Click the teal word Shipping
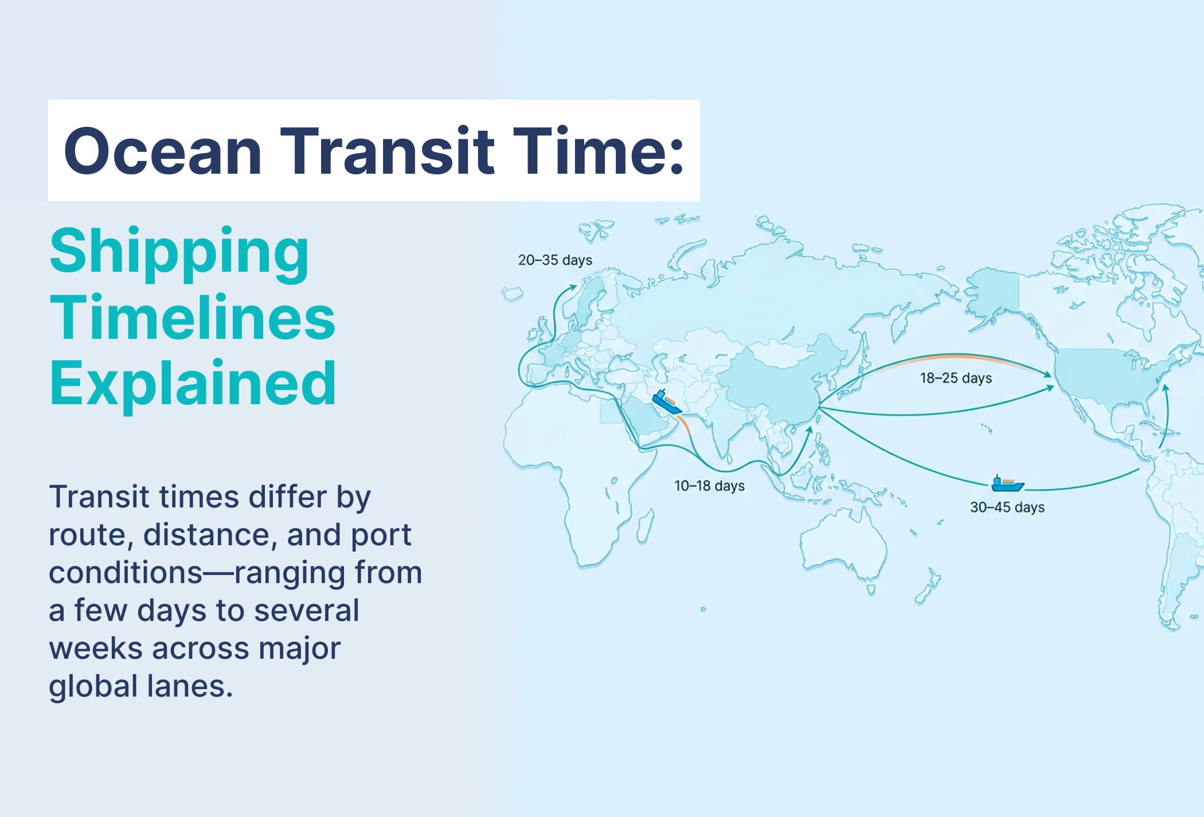tap(179, 254)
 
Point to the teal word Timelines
tap(193, 317)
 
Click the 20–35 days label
tap(555, 260)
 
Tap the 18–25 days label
tap(956, 378)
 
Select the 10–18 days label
tap(709, 486)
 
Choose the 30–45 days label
tap(1007, 507)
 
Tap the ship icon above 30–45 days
tap(1007, 483)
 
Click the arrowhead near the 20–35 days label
tap(572, 287)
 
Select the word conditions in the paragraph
tap(126, 572)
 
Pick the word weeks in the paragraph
tap(96, 648)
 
